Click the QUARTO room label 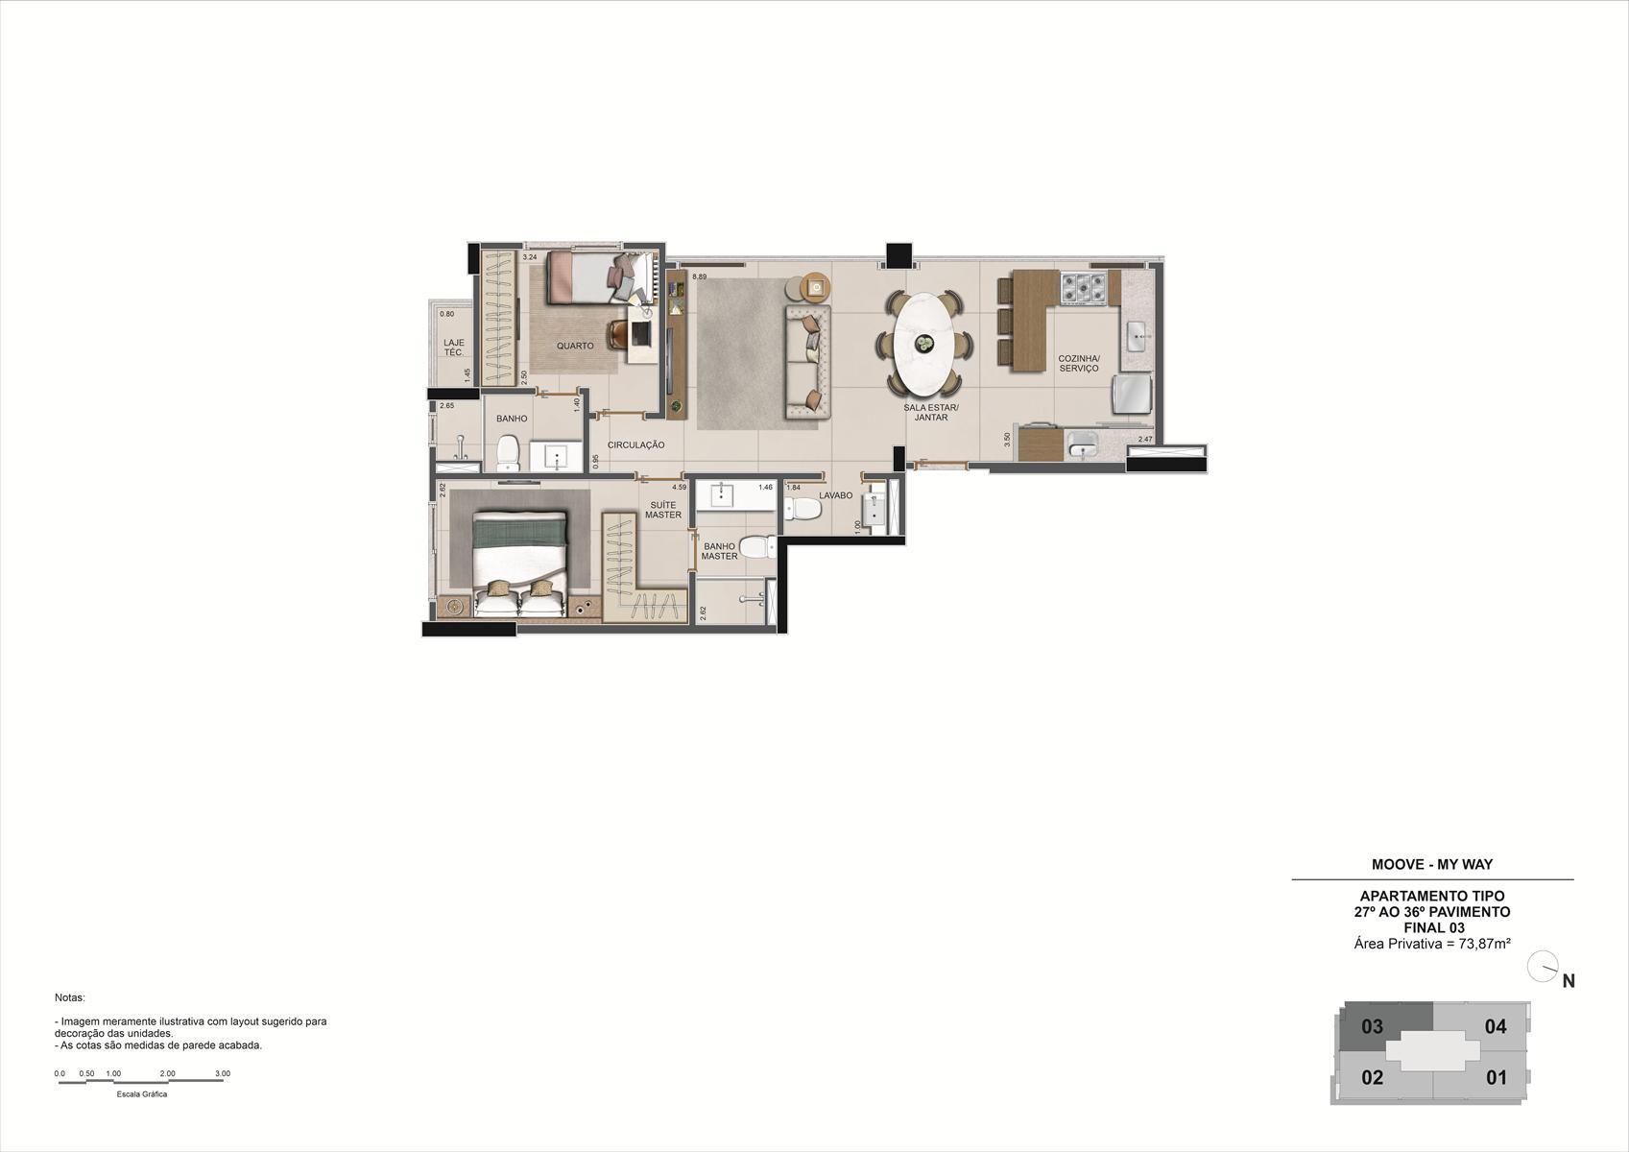pyautogui.click(x=575, y=347)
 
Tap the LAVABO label pyautogui.click(x=835, y=495)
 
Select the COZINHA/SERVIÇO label pyautogui.click(x=1079, y=364)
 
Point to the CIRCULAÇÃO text pyautogui.click(x=635, y=445)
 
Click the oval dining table pyautogui.click(x=923, y=344)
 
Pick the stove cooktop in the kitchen pyautogui.click(x=1084, y=288)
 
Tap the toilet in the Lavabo pyautogui.click(x=803, y=509)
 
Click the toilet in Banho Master pyautogui.click(x=757, y=547)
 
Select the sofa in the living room pyautogui.click(x=807, y=362)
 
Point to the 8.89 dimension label pyautogui.click(x=699, y=277)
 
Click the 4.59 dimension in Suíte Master pyautogui.click(x=679, y=488)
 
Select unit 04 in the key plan pyautogui.click(x=1496, y=1027)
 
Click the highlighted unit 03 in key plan pyautogui.click(x=1373, y=1026)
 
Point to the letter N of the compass pyautogui.click(x=1569, y=981)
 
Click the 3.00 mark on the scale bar pyautogui.click(x=223, y=1073)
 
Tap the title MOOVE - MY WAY pyautogui.click(x=1432, y=865)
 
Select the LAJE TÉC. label pyautogui.click(x=454, y=347)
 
